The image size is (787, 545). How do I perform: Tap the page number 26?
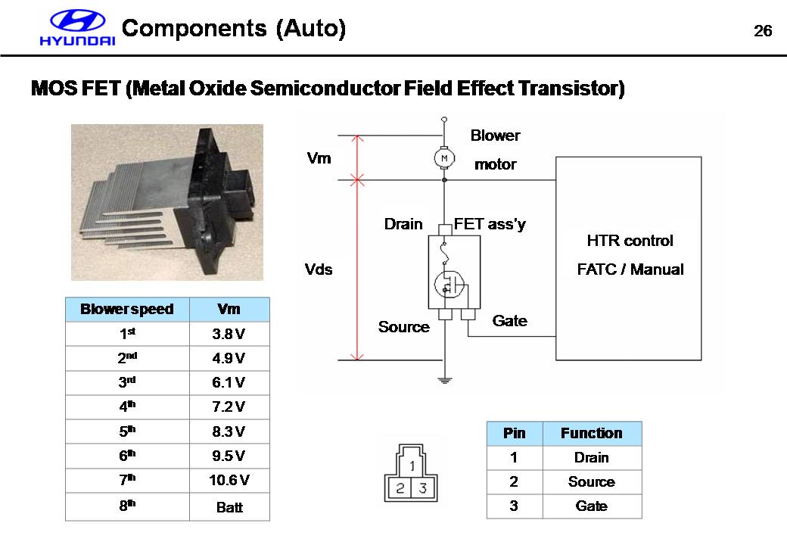(763, 30)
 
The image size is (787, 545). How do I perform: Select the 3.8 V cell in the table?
(229, 334)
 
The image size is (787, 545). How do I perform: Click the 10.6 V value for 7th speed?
(229, 481)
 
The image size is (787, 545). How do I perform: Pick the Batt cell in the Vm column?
(229, 507)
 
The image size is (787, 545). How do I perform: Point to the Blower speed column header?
(126, 309)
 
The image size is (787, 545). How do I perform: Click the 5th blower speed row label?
(126, 431)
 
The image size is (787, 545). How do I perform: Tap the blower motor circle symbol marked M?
(444, 157)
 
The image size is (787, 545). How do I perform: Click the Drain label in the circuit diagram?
(403, 224)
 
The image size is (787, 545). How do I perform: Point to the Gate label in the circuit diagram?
(509, 321)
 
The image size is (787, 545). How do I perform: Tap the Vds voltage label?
(318, 269)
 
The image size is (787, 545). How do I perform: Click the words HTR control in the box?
(630, 241)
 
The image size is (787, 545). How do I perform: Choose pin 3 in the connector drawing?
(422, 488)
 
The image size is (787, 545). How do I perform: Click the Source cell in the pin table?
(591, 482)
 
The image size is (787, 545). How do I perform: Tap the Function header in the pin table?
(591, 434)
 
